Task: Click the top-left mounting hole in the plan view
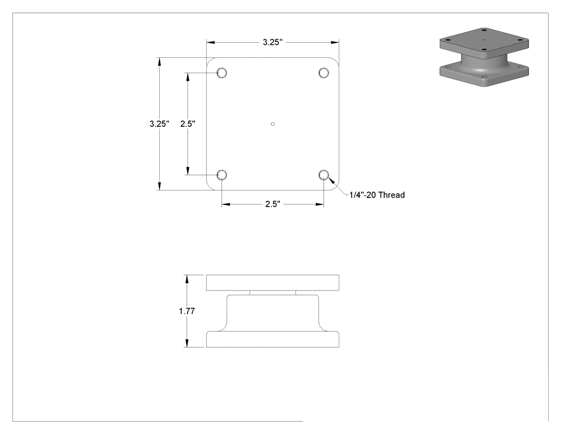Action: (222, 73)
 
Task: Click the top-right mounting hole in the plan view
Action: (324, 73)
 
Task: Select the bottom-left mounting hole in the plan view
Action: (222, 175)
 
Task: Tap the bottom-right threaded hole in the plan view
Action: (324, 175)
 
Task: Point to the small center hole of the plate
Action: (272, 124)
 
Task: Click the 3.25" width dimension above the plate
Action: (272, 42)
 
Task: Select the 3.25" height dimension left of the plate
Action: (159, 124)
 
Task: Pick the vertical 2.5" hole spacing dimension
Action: (188, 124)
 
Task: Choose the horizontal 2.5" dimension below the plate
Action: (272, 204)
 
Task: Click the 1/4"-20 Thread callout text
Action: (377, 195)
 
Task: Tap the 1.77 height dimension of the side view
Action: (187, 311)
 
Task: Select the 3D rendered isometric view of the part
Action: (484, 57)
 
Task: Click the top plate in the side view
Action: (272, 283)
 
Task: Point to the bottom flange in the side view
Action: (272, 339)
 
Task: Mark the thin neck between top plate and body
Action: (272, 293)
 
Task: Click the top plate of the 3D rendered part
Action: (484, 42)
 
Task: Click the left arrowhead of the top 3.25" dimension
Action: (211, 42)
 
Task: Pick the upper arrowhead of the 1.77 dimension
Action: (187, 279)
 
